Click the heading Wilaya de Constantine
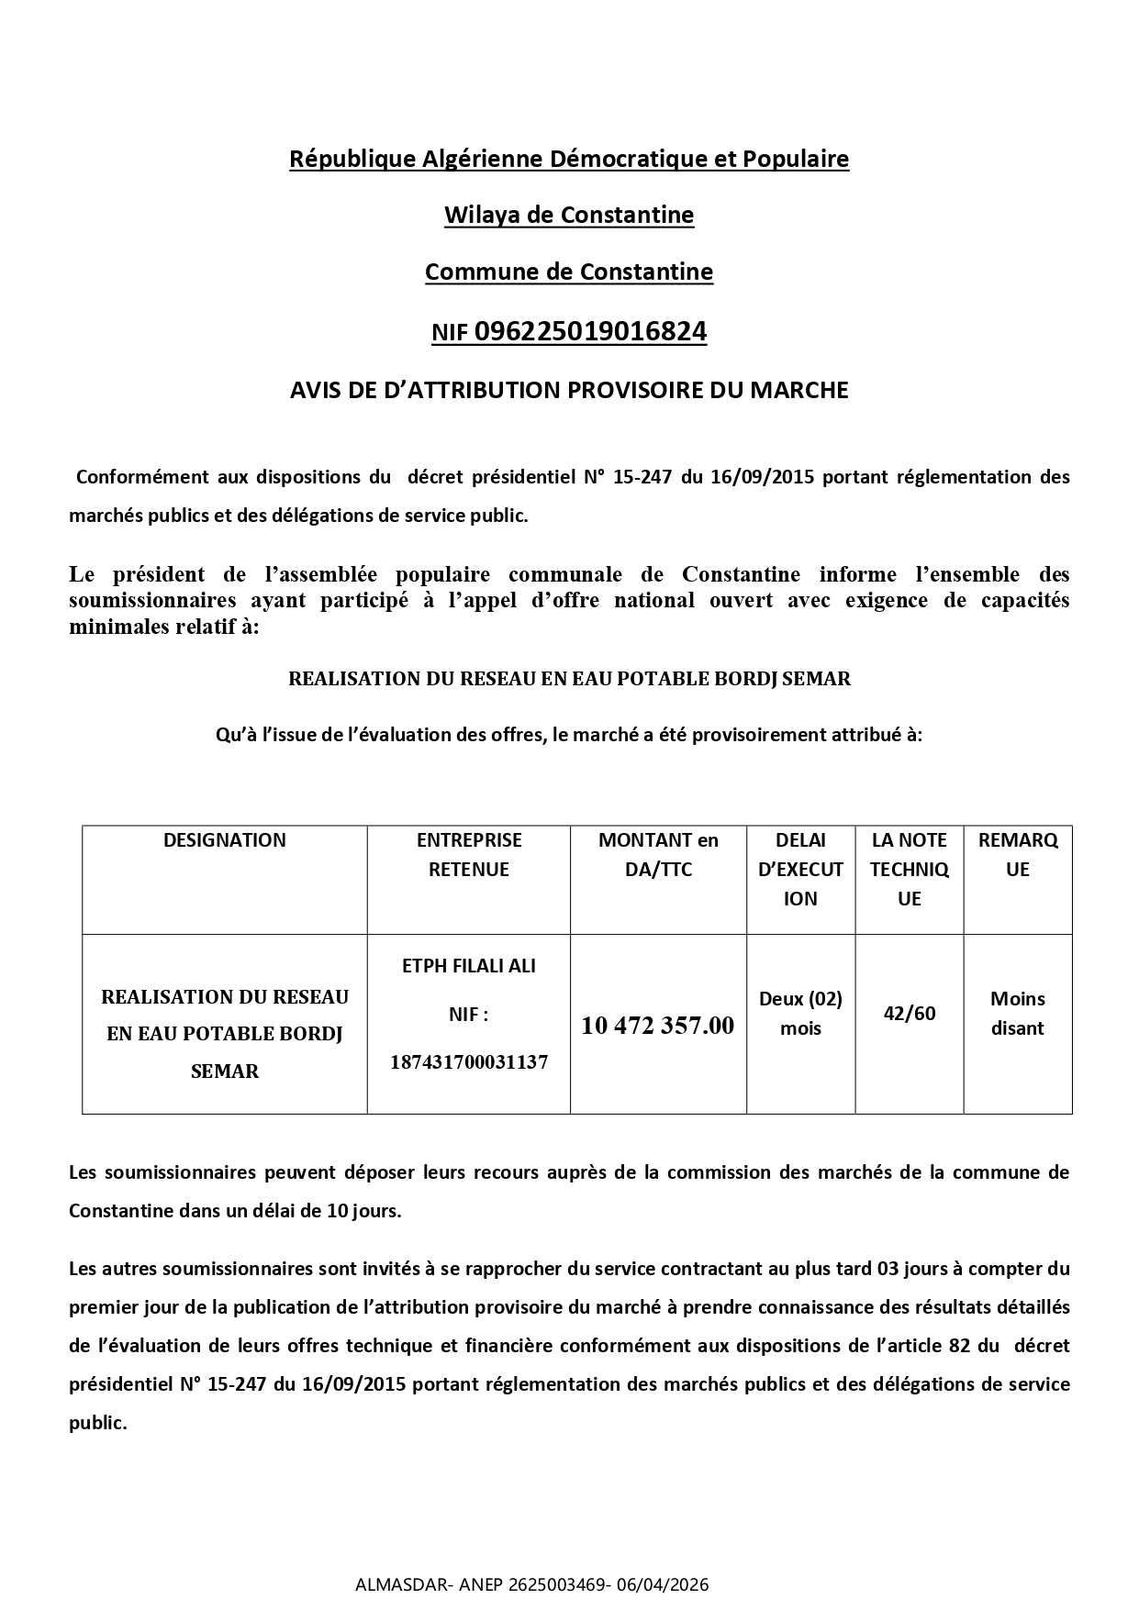pyautogui.click(x=569, y=216)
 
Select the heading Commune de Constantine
pyautogui.click(x=569, y=272)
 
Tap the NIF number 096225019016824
pyautogui.click(x=590, y=331)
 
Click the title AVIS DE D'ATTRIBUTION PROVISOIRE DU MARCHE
pyautogui.click(x=569, y=390)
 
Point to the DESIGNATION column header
pyautogui.click(x=224, y=840)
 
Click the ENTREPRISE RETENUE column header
pyautogui.click(x=468, y=854)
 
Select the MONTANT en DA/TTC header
pyautogui.click(x=658, y=854)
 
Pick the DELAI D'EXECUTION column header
pyautogui.click(x=800, y=869)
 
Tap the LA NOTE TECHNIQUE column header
pyautogui.click(x=909, y=869)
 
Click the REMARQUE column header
pyautogui.click(x=1017, y=854)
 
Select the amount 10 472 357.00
pyautogui.click(x=658, y=1026)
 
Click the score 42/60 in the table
pyautogui.click(x=909, y=1014)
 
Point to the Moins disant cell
pyautogui.click(x=1017, y=1014)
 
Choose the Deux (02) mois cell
pyautogui.click(x=800, y=1014)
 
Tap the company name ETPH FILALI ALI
pyautogui.click(x=468, y=966)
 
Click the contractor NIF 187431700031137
pyautogui.click(x=468, y=1062)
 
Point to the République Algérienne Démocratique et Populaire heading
pyautogui.click(x=569, y=159)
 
